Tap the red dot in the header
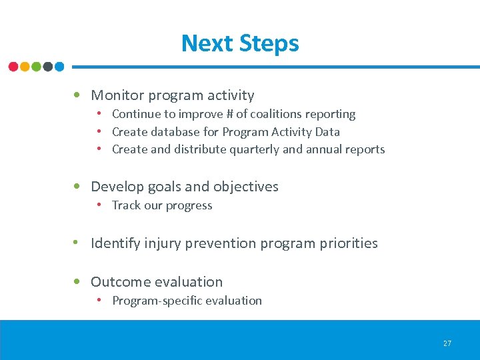click(x=13, y=67)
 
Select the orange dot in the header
click(x=25, y=67)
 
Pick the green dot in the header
click(x=36, y=67)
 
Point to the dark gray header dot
click(x=47, y=67)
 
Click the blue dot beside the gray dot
click(x=59, y=67)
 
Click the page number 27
click(x=447, y=343)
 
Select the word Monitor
click(x=117, y=95)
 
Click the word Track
click(x=126, y=205)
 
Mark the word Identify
click(x=115, y=243)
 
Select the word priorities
click(x=347, y=243)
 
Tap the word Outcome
click(x=119, y=282)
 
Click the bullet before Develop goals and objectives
click(x=79, y=187)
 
